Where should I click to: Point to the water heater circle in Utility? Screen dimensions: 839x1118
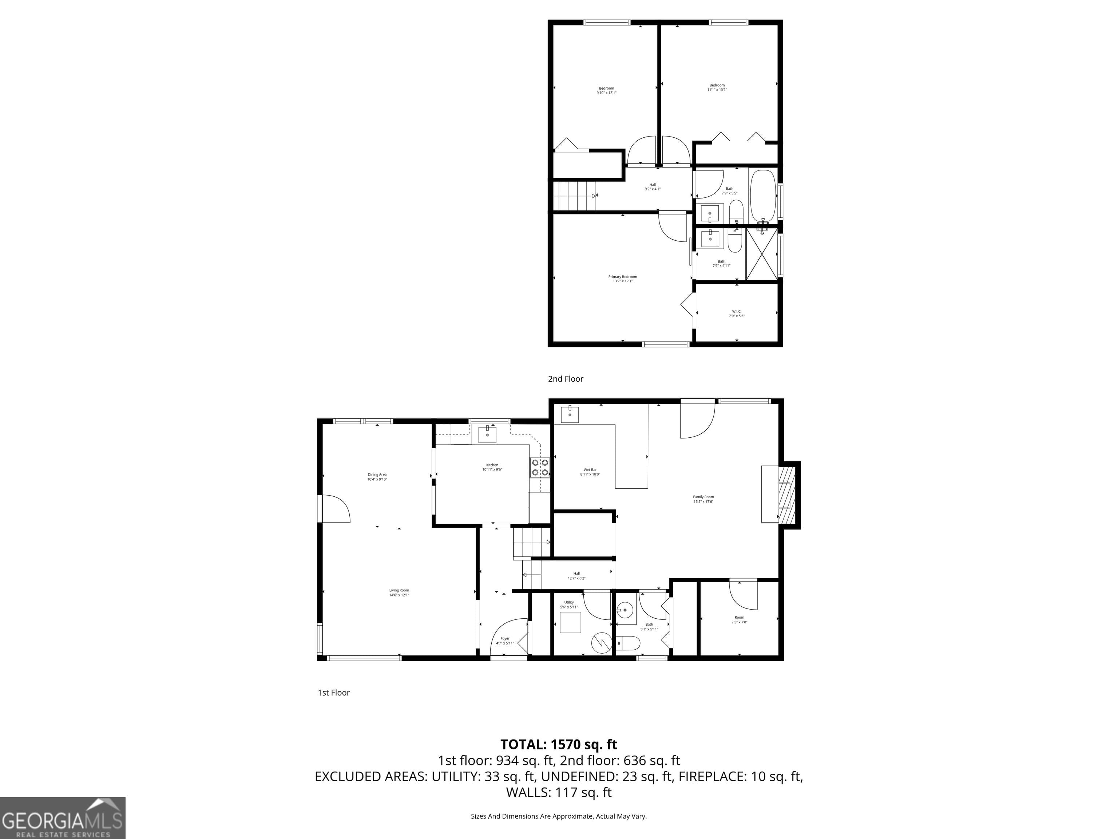(x=602, y=643)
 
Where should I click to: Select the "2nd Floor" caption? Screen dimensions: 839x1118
(x=566, y=379)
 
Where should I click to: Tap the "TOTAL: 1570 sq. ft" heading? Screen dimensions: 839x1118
(x=559, y=744)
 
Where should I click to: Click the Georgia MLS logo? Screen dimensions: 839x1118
(x=62, y=818)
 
